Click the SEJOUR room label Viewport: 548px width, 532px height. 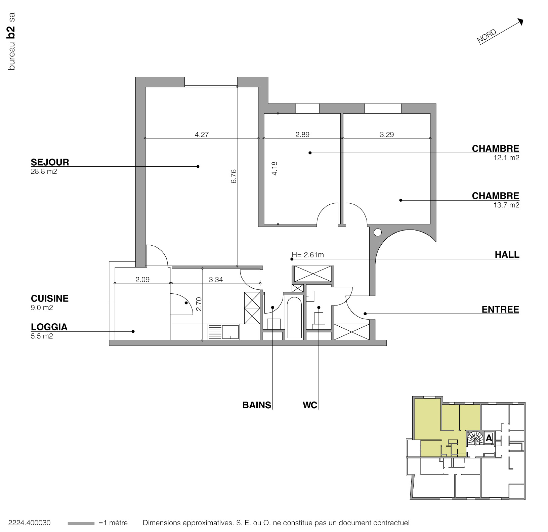pos(50,162)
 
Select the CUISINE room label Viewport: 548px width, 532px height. pos(50,298)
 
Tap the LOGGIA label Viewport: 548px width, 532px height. pos(49,327)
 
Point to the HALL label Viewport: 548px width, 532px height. pos(507,255)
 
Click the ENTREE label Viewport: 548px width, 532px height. pos(500,310)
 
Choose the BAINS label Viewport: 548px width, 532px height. pos(257,405)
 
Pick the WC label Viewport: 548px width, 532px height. pos(310,405)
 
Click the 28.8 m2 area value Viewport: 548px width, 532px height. pos(44,172)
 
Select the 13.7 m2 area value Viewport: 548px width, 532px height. pos(506,205)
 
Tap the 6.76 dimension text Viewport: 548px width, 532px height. pos(234,176)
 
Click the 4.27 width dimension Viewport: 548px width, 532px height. pos(202,134)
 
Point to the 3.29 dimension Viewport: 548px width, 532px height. pos(387,134)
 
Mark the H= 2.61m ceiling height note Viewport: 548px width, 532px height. pos(308,255)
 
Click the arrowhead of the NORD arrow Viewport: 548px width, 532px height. pos(520,22)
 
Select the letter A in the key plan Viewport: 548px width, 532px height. pos(489,438)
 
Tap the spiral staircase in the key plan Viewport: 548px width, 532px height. pos(475,438)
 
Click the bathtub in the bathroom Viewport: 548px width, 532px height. pos(294,317)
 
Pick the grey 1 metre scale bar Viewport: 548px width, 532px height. pos(81,523)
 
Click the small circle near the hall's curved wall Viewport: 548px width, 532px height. pos(378,232)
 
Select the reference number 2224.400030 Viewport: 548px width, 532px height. pos(29,523)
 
